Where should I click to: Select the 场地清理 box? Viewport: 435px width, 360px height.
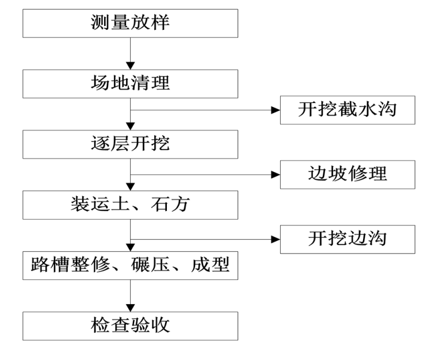[130, 83]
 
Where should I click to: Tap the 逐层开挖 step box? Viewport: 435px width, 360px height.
[130, 144]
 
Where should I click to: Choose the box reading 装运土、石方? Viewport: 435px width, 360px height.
[130, 204]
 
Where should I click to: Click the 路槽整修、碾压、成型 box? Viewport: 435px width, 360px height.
[130, 265]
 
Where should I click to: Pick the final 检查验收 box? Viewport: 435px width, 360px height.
[130, 325]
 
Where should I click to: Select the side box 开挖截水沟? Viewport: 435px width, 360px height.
[347, 110]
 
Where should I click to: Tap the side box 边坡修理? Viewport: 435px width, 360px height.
[347, 174]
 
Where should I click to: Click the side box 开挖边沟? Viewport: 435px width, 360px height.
[347, 238]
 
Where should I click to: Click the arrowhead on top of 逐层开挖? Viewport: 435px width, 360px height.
[131, 126]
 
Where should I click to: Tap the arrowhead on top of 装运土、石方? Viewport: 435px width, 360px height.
[131, 186]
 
